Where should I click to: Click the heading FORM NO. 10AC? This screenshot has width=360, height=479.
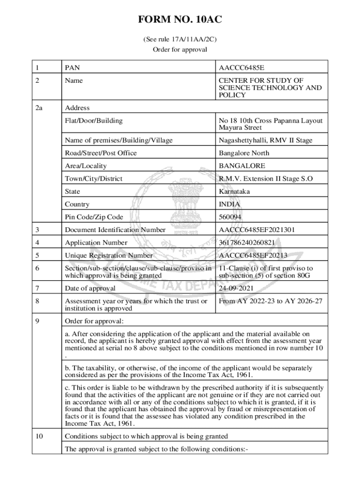[x=180, y=20]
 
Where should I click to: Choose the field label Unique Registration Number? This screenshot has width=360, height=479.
[x=108, y=255]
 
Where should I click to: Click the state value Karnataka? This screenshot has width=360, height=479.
[x=234, y=191]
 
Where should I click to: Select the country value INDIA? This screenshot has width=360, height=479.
[x=230, y=204]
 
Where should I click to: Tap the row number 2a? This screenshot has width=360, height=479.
[x=39, y=108]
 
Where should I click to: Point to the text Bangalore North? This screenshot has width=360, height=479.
[x=244, y=153]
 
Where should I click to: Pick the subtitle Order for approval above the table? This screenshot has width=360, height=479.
[x=180, y=49]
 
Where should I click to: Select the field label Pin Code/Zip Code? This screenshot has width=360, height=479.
[x=94, y=217]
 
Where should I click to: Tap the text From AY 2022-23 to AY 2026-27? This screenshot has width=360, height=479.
[x=270, y=301]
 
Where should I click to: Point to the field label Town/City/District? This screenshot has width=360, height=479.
[x=94, y=179]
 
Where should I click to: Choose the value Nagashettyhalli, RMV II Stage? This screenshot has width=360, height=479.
[x=265, y=140]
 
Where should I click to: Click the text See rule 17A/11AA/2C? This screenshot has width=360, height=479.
[x=180, y=40]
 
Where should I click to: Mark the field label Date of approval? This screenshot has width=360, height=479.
[x=90, y=288]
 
